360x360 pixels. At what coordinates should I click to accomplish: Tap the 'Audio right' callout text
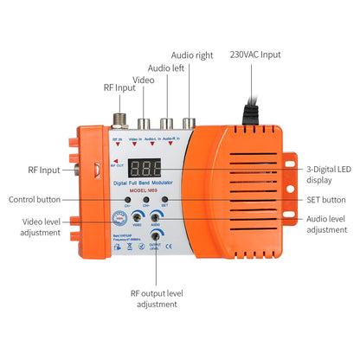(192, 55)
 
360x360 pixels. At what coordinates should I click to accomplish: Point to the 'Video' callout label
(143, 80)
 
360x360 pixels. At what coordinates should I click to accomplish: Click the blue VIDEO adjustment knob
(137, 218)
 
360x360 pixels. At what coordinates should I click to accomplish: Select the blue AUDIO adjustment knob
(157, 218)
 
